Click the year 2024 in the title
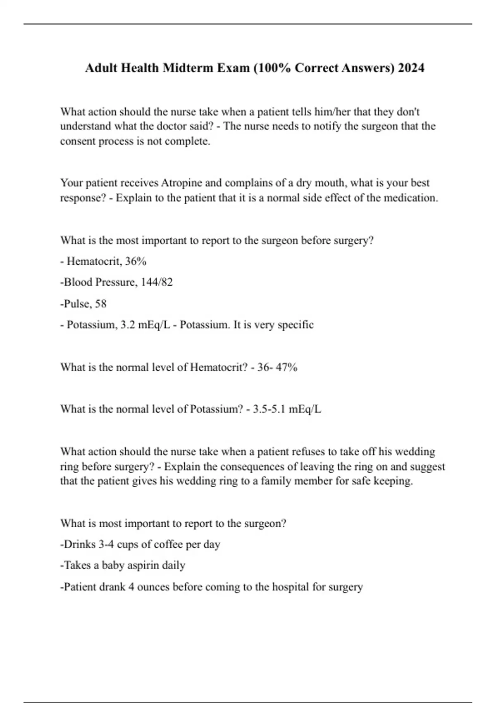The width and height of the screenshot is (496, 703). (x=411, y=67)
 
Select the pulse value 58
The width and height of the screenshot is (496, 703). (x=100, y=304)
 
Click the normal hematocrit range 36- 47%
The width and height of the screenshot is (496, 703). (x=277, y=367)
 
